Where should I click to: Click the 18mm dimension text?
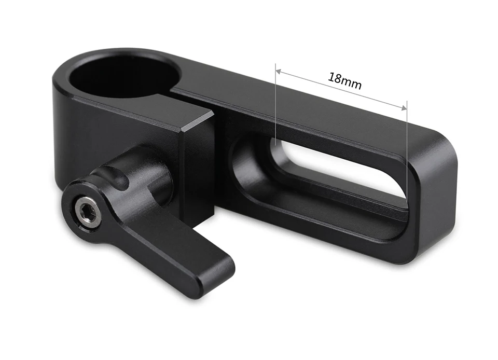pos(344,81)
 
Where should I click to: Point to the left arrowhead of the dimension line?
pos(278,72)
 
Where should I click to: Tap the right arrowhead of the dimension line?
pos(404,108)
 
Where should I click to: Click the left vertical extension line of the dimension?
pos(275,104)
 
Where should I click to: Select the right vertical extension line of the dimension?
pos(407,149)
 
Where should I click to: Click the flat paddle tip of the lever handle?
pos(213,273)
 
